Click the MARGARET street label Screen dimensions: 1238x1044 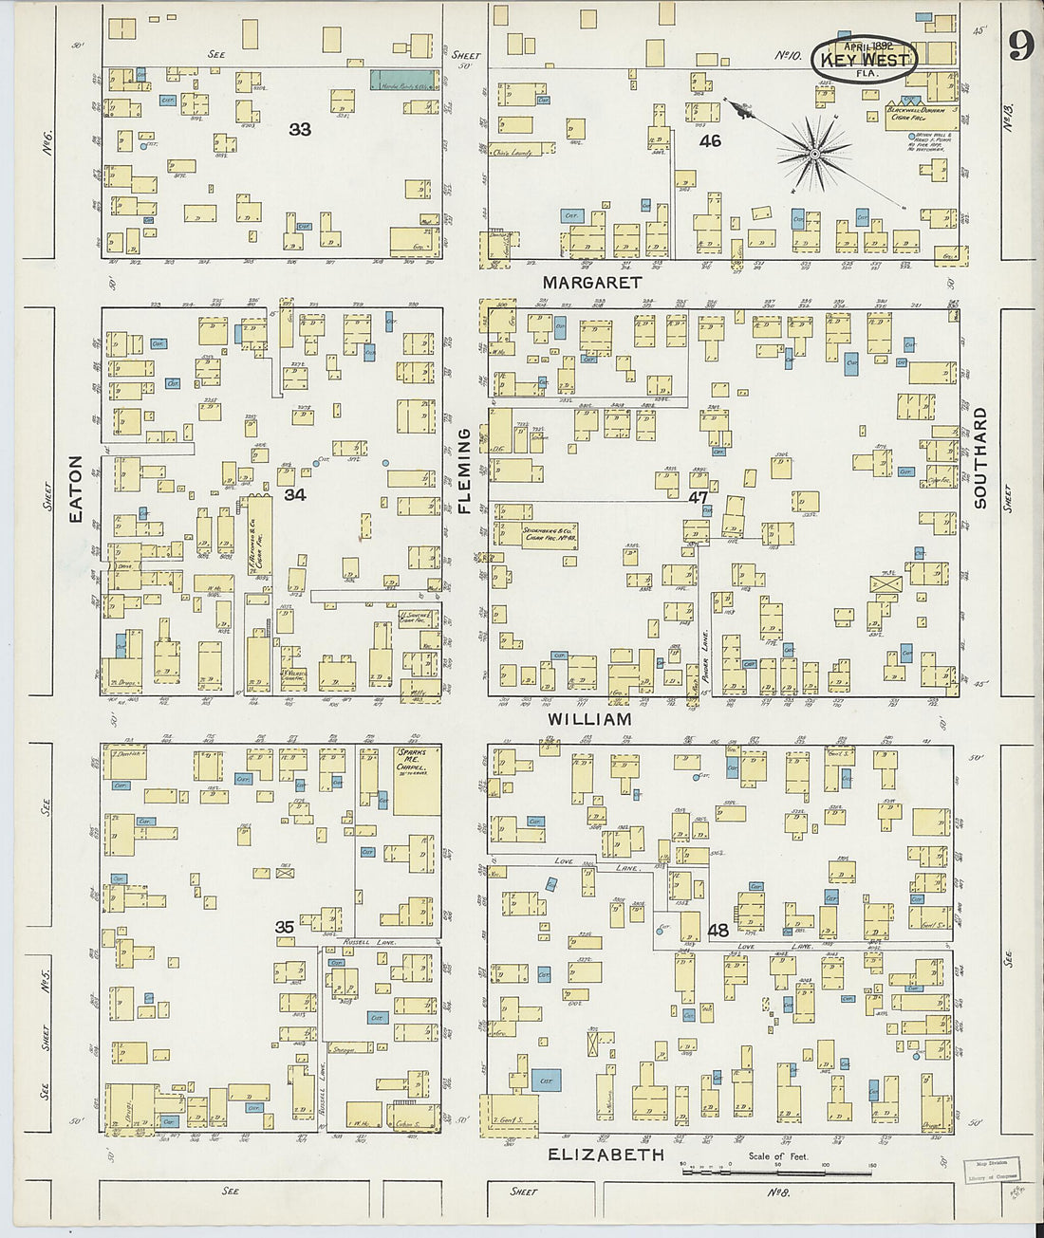pyautogui.click(x=592, y=283)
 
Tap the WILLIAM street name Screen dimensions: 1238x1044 pyautogui.click(x=589, y=720)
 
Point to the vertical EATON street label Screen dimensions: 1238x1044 pyautogui.click(x=76, y=490)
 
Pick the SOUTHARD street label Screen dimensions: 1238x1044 pyautogui.click(x=980, y=458)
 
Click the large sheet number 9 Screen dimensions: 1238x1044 pyautogui.click(x=1020, y=45)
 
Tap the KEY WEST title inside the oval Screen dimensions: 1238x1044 pyautogui.click(x=863, y=59)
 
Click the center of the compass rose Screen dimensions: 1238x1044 pyautogui.click(x=813, y=153)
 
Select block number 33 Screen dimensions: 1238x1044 pyautogui.click(x=300, y=129)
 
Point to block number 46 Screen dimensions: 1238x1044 pyautogui.click(x=710, y=141)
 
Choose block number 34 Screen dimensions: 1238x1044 pyautogui.click(x=295, y=494)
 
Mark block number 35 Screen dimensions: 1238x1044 pyautogui.click(x=284, y=927)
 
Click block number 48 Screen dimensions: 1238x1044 pyautogui.click(x=718, y=931)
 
